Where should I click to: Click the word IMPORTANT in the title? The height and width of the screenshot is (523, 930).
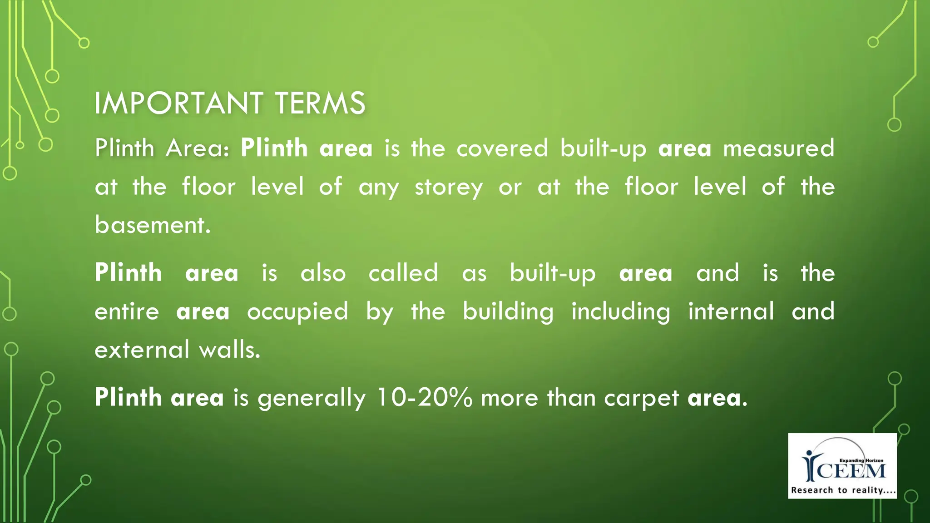178,103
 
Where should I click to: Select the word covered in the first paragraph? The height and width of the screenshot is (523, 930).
502,148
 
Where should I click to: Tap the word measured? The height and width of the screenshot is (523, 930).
778,148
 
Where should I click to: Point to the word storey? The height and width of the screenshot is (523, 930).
449,187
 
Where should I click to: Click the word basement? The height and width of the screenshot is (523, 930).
153,225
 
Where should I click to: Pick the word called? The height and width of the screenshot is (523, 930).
403,273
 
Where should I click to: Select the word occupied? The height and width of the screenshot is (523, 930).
297,312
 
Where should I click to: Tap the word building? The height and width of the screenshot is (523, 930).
508,312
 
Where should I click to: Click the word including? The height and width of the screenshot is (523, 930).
621,312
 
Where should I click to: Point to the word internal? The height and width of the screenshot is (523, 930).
731,312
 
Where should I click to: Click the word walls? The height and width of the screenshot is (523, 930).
230,350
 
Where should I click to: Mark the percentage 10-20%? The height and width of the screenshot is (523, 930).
424,398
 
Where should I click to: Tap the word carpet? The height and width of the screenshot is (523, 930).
641,399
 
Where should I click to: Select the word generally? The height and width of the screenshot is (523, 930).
312,399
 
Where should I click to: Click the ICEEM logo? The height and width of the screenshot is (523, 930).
842,465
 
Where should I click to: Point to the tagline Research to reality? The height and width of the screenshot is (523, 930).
843,490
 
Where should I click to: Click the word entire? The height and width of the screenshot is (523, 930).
127,312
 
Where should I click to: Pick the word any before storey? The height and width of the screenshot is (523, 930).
379,187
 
